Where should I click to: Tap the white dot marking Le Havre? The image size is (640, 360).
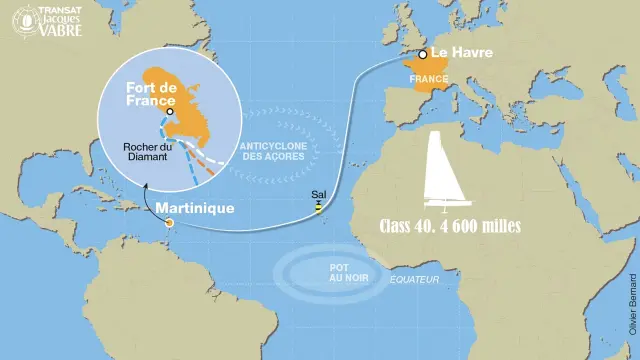(x=424, y=54)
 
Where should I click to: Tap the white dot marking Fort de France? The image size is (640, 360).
(x=170, y=112)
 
